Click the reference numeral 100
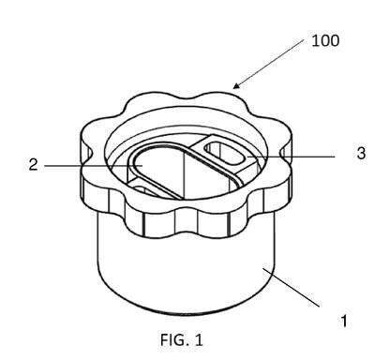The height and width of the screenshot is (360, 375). (x=325, y=41)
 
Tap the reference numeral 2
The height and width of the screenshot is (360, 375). (x=33, y=165)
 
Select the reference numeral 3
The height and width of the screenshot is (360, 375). (x=361, y=154)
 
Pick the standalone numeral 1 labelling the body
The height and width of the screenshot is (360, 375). (x=344, y=321)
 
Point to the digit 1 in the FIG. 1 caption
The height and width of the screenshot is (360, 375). (x=199, y=339)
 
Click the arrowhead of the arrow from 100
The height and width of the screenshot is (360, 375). (x=236, y=85)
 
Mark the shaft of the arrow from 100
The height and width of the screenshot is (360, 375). (x=270, y=63)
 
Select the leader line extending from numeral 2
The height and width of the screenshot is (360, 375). (x=93, y=166)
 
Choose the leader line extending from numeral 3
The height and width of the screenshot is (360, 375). (x=291, y=156)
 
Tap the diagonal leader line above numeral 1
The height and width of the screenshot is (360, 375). (x=292, y=287)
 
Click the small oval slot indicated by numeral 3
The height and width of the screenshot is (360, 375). (x=224, y=153)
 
